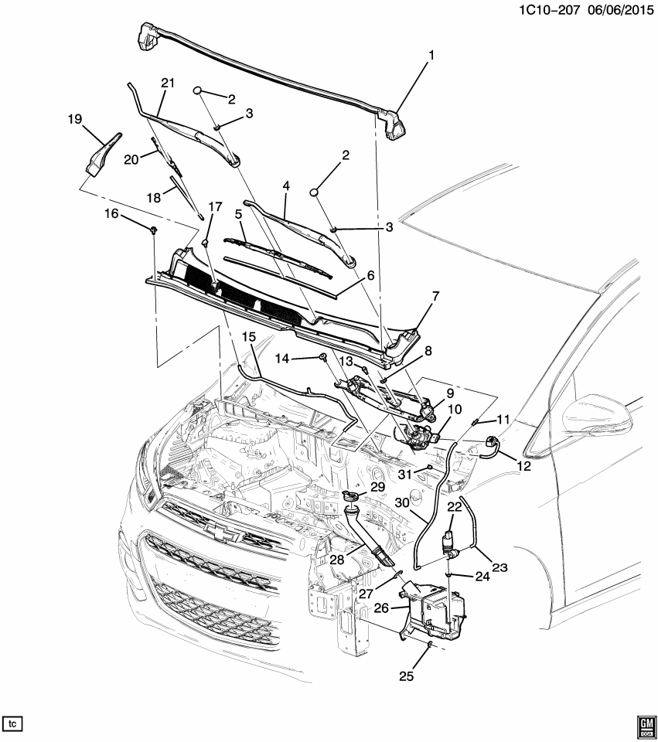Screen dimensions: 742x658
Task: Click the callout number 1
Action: (x=431, y=56)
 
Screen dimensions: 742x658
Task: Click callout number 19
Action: (x=74, y=119)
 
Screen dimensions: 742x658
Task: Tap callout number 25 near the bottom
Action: (x=407, y=676)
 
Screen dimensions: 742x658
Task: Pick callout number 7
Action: (x=435, y=296)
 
